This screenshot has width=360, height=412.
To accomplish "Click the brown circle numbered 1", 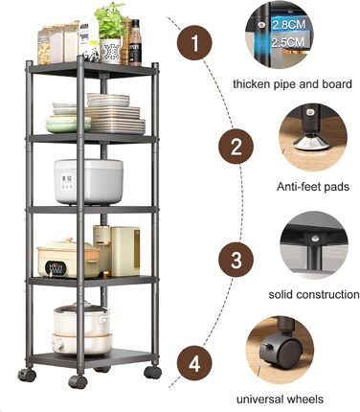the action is click(x=194, y=43).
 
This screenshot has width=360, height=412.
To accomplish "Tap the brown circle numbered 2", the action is click(x=236, y=147).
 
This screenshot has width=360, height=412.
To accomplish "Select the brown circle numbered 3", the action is click(x=236, y=260).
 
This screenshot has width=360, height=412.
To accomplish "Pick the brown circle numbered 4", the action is click(x=194, y=363).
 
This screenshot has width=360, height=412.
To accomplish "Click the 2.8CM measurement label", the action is click(x=288, y=25).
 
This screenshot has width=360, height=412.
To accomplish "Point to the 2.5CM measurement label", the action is click(x=288, y=42).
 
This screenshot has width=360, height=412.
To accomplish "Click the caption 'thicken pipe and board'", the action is click(x=292, y=84).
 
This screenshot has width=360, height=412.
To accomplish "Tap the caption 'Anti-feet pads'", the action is click(x=313, y=187).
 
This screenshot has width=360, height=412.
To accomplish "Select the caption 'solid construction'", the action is click(x=314, y=294).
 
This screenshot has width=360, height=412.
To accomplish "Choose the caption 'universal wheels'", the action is click(x=280, y=400).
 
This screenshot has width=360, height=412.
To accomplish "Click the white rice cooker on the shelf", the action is click(x=88, y=181).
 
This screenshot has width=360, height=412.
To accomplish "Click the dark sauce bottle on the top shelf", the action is click(x=135, y=43).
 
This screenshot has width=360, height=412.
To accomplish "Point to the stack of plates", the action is click(x=115, y=114).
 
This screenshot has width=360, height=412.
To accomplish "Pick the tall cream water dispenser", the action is click(x=125, y=251).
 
